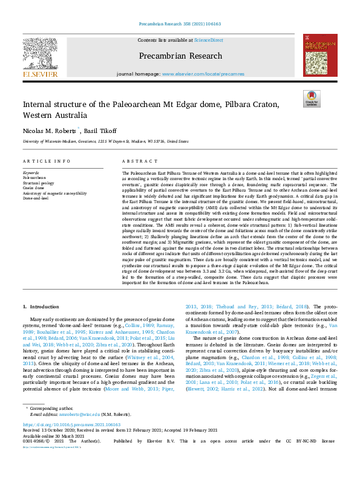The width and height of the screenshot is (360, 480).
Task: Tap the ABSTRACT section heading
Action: pyautogui.click(x=136, y=161)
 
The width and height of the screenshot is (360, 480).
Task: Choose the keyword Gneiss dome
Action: pyautogui.click(x=33, y=188)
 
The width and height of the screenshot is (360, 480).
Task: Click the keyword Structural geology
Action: pyautogui.click(x=38, y=183)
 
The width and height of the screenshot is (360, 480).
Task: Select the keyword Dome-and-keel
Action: pyautogui.click(x=36, y=197)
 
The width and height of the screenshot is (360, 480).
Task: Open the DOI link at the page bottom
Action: pyautogui.click(x=71, y=442)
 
